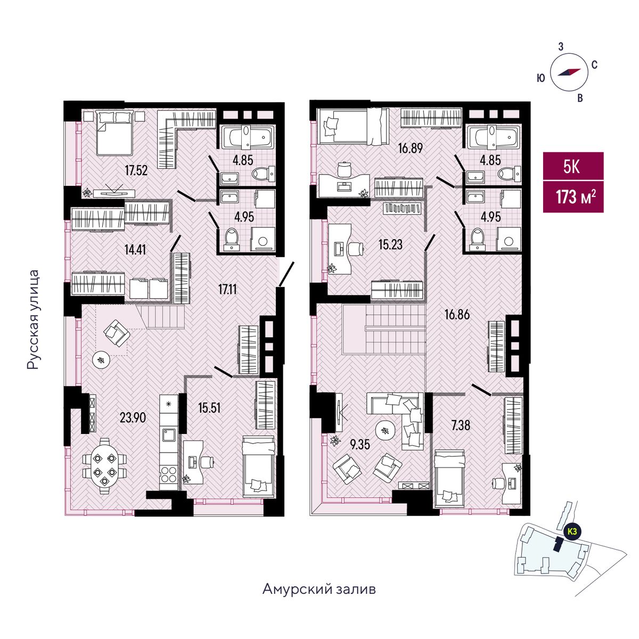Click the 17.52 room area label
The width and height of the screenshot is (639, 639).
click(x=136, y=171)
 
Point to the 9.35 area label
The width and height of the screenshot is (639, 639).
click(x=360, y=444)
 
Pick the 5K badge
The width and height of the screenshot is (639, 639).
click(x=573, y=167)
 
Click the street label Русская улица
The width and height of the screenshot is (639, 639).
click(x=34, y=319)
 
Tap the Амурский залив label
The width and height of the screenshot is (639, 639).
click(x=319, y=589)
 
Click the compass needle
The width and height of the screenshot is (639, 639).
click(x=569, y=72)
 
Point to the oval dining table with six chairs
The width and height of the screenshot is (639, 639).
click(x=104, y=466)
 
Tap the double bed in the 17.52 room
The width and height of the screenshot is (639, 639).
click(x=114, y=133)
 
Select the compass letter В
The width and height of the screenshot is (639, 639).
click(x=580, y=98)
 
